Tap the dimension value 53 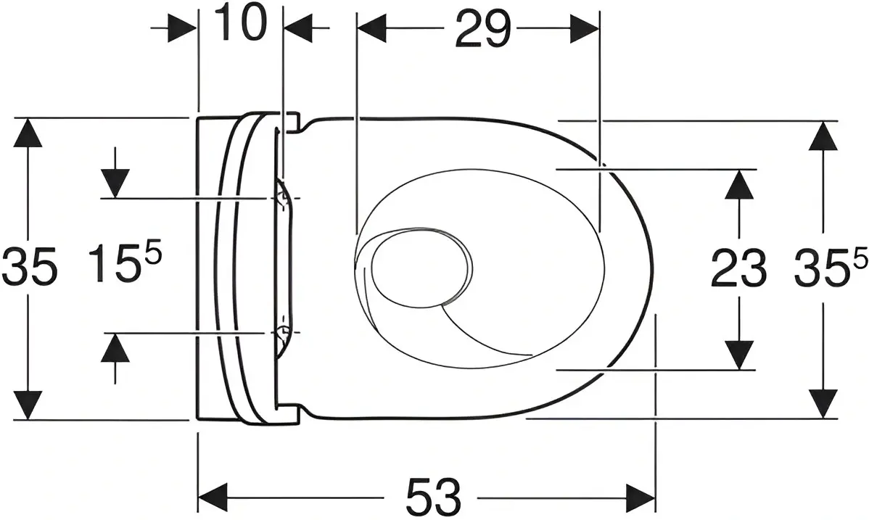coord(433,495)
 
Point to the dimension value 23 coord(738,268)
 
